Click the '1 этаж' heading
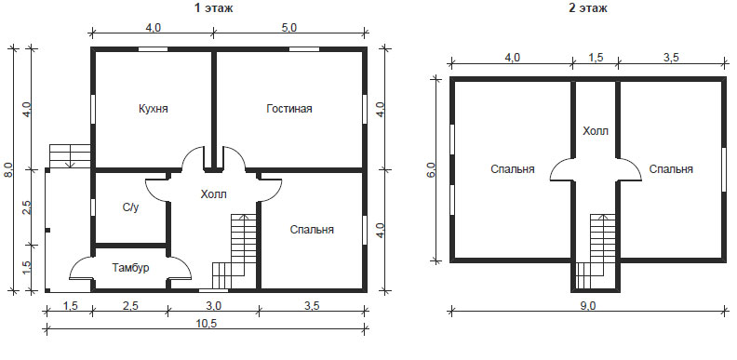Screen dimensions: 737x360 (214, 8)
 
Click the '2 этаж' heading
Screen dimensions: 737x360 (587, 8)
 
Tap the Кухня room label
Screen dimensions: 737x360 (154, 109)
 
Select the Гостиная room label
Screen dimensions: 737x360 (289, 109)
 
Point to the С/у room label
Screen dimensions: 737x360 (130, 207)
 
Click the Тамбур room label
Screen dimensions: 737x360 (130, 268)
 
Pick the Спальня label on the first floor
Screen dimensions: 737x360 (312, 230)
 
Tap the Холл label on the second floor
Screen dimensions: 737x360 (596, 131)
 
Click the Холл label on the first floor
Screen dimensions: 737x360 (213, 194)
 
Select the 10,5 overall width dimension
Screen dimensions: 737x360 (207, 324)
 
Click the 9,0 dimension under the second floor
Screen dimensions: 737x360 (587, 306)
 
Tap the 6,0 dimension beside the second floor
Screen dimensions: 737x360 (433, 169)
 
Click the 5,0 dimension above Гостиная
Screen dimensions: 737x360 (289, 28)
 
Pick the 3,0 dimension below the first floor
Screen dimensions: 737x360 (213, 306)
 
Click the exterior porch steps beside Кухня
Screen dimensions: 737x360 (70, 156)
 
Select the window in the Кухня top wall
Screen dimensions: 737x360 (153, 49)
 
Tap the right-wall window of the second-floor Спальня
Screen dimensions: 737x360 (724, 169)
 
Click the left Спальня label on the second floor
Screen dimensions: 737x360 (513, 169)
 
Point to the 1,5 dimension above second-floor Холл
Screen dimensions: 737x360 (596, 58)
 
